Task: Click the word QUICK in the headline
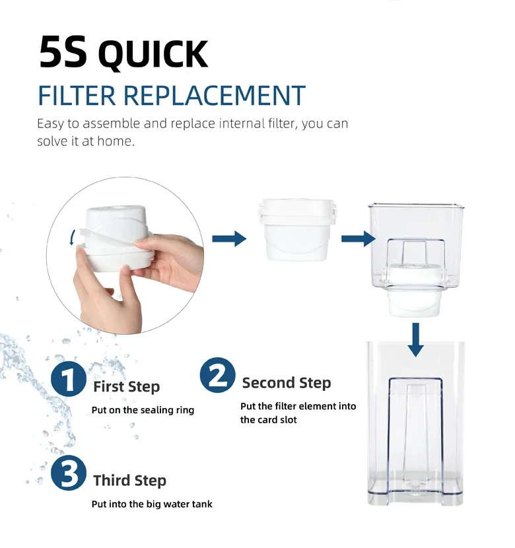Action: [153, 54]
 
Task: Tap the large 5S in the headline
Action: [63, 51]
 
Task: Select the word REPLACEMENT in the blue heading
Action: [215, 96]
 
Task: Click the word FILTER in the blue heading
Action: [77, 96]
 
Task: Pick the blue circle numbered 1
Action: [68, 379]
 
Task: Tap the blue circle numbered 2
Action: [217, 374]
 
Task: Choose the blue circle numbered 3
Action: [68, 473]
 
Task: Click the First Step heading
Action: [127, 387]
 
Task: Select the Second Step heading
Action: [287, 383]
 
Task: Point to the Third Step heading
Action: [129, 481]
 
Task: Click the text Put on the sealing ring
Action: [143, 410]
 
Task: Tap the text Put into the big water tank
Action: [152, 504]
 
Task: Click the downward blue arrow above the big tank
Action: [415, 340]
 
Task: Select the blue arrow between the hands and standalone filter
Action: [229, 239]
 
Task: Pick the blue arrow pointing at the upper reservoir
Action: [359, 239]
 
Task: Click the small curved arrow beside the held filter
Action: [72, 237]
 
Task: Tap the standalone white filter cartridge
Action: [297, 230]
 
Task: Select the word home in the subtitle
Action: [116, 141]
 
